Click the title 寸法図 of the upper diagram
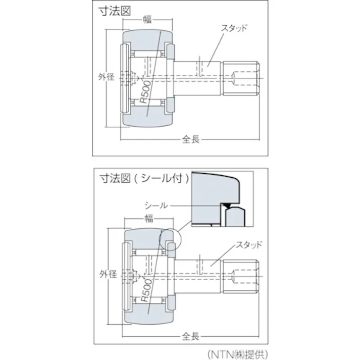coord(111,12)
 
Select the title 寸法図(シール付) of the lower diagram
coord(144,178)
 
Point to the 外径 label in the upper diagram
coord(107,77)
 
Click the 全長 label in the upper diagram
coord(191,139)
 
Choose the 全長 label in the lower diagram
coord(191,336)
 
